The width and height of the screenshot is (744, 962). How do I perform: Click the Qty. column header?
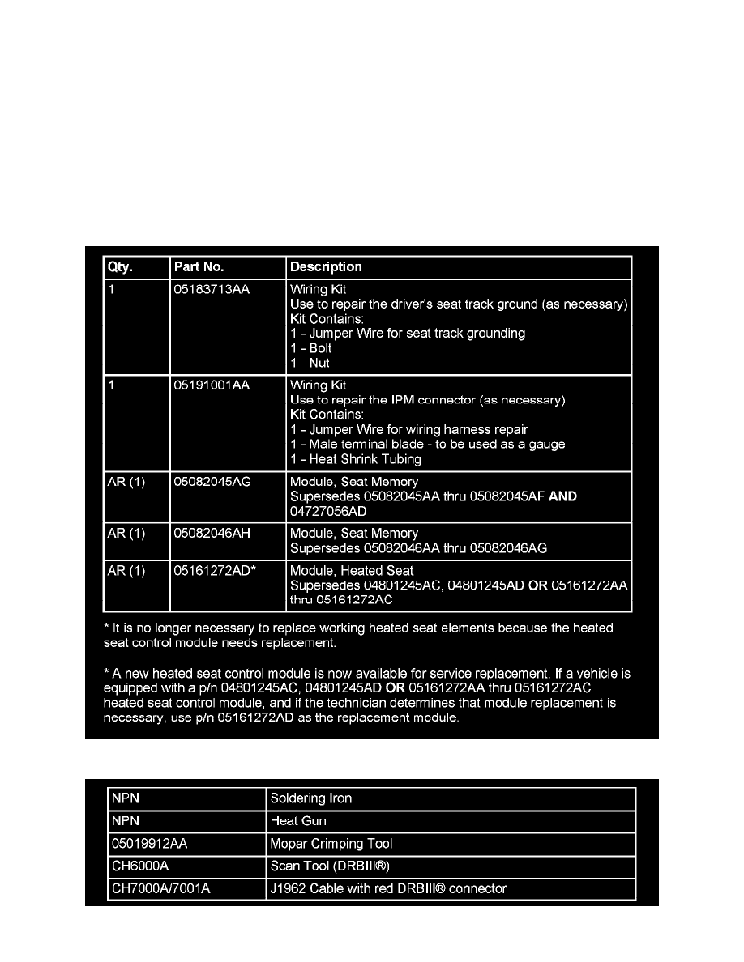[x=121, y=267]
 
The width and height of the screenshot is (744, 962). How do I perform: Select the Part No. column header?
[x=199, y=267]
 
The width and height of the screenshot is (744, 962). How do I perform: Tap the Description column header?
[x=326, y=267]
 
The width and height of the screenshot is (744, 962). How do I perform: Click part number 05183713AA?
[x=212, y=289]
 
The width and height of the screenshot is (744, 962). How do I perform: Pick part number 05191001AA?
[x=212, y=386]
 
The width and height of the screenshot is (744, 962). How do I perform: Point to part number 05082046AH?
[x=213, y=534]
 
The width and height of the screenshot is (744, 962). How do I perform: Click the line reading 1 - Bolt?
[x=311, y=348]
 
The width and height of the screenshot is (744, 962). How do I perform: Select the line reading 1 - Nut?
[x=310, y=363]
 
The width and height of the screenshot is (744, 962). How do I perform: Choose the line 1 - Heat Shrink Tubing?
[x=356, y=459]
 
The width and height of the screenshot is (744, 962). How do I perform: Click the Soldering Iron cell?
[x=311, y=798]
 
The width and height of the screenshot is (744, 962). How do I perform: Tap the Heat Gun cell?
[x=299, y=821]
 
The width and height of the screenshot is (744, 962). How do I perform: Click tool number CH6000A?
[x=140, y=866]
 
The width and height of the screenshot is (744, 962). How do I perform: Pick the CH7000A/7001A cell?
[x=160, y=889]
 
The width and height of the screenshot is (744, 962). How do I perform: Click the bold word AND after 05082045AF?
[x=562, y=497]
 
